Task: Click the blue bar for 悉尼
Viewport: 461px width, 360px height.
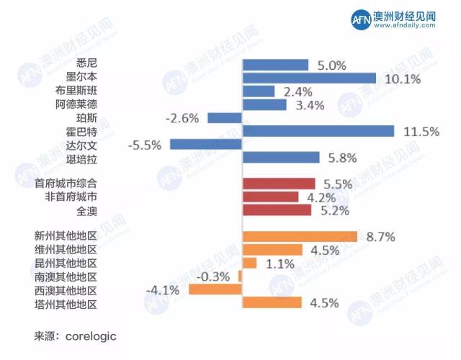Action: click(276, 65)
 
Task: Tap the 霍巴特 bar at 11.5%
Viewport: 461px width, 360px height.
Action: click(318, 130)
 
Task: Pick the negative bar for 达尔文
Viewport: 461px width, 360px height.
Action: click(206, 144)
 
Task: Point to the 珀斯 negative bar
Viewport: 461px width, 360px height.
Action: click(225, 117)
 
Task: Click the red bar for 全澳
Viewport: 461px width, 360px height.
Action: click(277, 210)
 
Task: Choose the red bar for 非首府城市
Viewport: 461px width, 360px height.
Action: click(271, 197)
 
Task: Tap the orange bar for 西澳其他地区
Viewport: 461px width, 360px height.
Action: click(215, 289)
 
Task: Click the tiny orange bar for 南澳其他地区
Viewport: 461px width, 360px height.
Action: click(241, 276)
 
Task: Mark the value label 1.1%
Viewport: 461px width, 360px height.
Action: click(279, 264)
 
